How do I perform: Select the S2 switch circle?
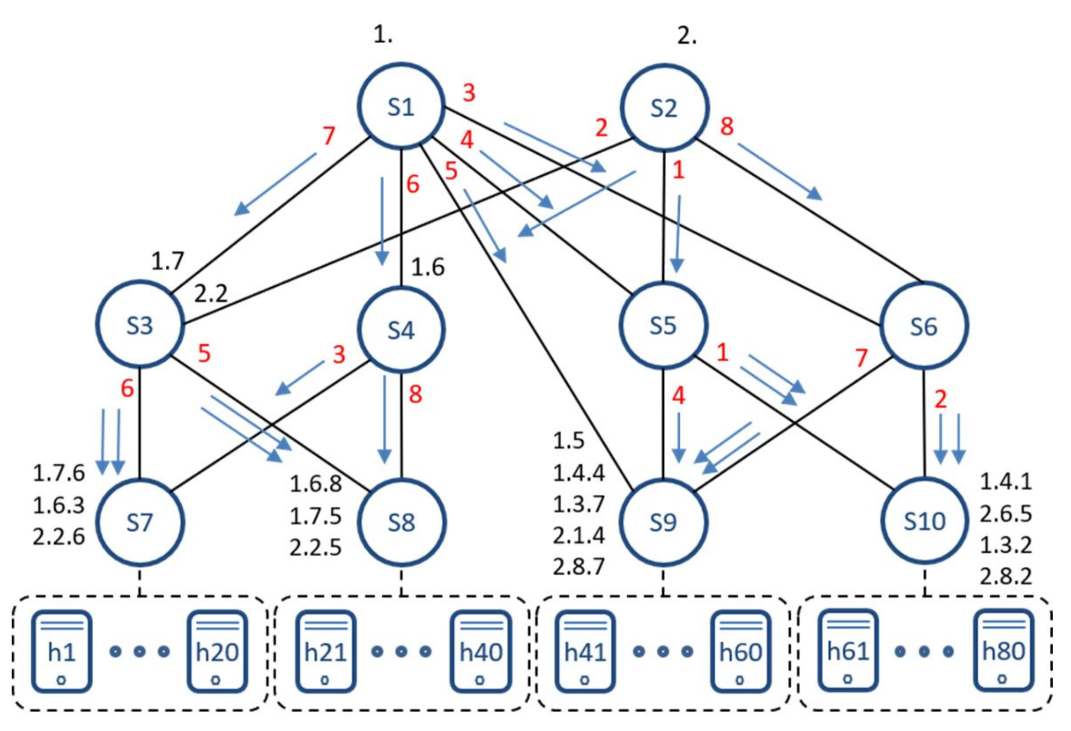(664, 108)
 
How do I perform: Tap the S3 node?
(139, 325)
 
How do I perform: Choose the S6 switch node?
(923, 326)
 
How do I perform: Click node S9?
(663, 522)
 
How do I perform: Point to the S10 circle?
(924, 521)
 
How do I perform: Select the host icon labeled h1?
(62, 651)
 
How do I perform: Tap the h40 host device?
(481, 651)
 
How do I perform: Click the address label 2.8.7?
(578, 567)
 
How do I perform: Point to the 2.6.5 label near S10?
(1006, 514)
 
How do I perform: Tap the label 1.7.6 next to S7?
(59, 473)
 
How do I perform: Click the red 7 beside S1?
(329, 135)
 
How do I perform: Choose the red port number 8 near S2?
(727, 126)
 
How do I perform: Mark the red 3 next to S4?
(339, 354)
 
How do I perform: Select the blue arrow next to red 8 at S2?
(780, 171)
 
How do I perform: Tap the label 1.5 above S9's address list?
(569, 440)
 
